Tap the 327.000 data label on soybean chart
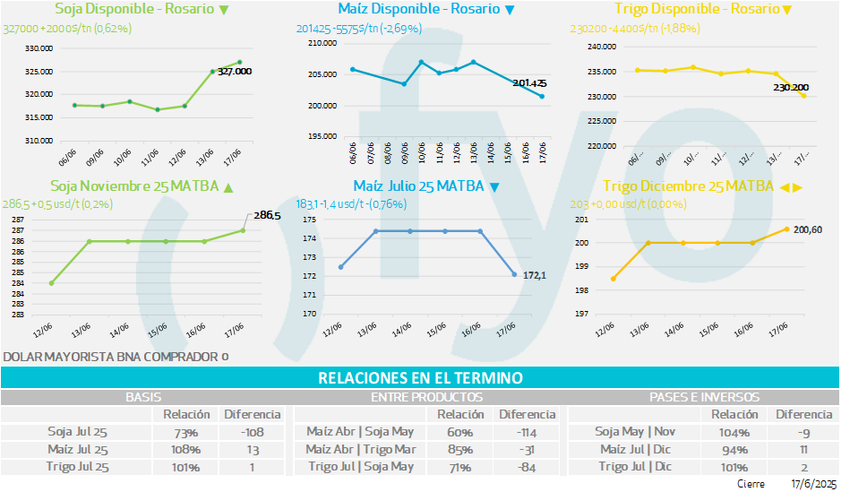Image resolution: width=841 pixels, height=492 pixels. tap(235, 71)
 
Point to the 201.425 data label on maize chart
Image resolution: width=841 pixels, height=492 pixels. tap(529, 83)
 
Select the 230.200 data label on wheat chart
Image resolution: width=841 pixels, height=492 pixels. tap(791, 87)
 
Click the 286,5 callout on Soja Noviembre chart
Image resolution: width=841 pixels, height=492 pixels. tap(267, 215)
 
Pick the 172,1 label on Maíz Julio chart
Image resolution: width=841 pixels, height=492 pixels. tap(535, 275)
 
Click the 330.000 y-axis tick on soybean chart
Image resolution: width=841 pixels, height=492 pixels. tap(39, 48)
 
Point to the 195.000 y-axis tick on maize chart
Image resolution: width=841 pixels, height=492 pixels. tap(320, 136)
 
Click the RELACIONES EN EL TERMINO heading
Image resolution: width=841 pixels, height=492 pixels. tap(420, 378)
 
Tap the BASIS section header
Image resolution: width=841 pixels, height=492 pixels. tap(143, 396)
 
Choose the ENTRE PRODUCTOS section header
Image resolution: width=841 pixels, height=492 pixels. tap(426, 396)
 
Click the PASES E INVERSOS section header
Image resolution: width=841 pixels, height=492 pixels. tap(703, 396)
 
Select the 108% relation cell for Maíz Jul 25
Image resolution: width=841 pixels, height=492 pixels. tap(186, 449)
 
